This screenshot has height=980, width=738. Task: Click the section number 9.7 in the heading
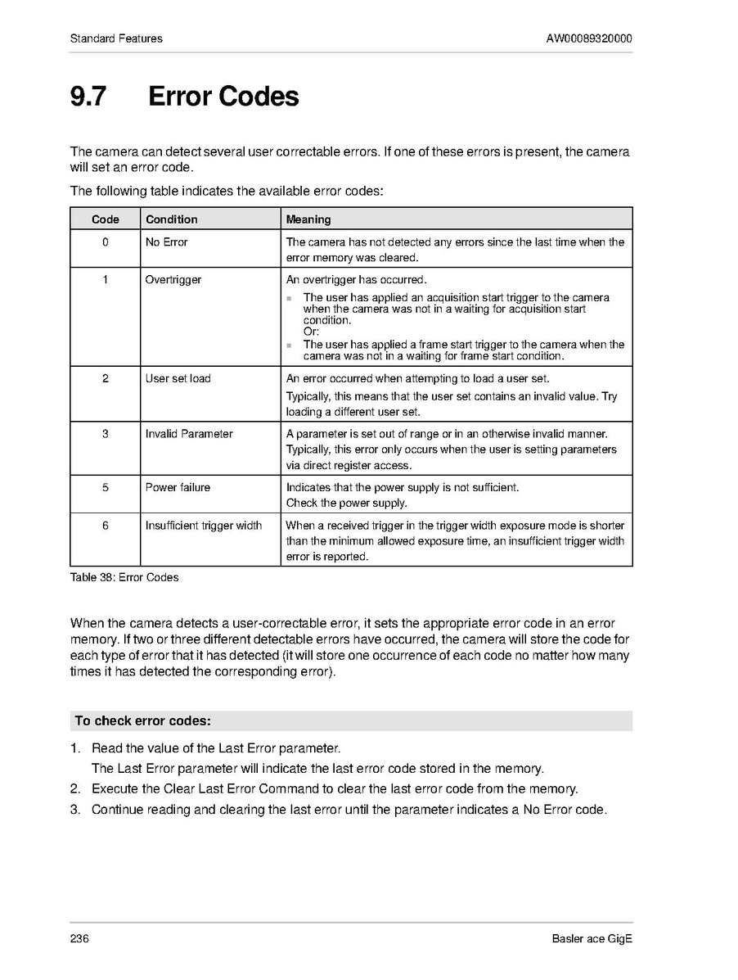88,97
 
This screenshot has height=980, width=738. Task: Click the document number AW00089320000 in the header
589,38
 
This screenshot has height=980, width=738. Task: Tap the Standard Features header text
116,38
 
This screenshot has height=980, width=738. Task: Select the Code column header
106,219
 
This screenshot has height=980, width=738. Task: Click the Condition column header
171,219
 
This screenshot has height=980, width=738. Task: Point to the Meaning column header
308,219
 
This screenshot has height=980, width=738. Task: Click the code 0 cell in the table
106,242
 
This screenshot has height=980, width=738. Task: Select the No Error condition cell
166,242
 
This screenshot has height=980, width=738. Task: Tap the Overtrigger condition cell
173,280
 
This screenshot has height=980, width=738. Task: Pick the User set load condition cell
178,378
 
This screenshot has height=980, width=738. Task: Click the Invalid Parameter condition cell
189,434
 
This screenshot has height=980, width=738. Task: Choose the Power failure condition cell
178,488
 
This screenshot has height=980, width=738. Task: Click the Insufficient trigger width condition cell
204,526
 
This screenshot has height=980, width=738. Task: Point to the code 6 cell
106,526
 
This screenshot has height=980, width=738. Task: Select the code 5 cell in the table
106,488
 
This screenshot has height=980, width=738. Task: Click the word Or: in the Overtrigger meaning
311,332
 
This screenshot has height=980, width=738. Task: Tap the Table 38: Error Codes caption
124,577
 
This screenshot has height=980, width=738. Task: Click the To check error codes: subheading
143,721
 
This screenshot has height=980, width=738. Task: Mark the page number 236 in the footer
79,938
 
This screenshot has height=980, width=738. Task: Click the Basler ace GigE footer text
592,938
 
